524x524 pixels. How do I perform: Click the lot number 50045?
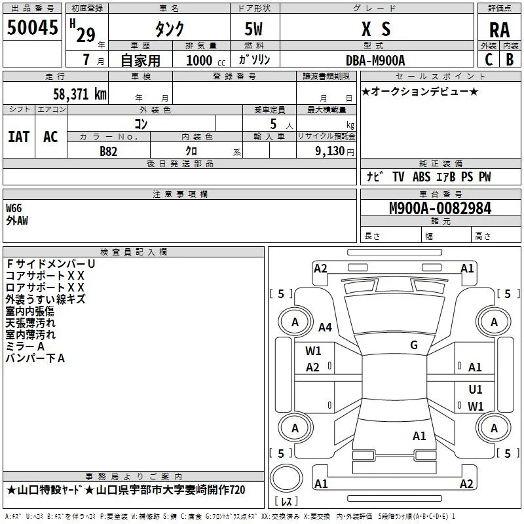tap(32, 28)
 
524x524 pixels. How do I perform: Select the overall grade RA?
tap(499, 30)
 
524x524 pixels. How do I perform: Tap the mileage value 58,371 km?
tap(80, 94)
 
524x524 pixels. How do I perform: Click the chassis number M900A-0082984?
tap(440, 208)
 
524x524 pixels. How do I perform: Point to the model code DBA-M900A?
tap(375, 60)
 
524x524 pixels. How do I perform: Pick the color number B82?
tap(109, 151)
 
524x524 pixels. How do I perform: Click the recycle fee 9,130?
tap(330, 151)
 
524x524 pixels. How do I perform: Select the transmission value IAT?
tap(19, 137)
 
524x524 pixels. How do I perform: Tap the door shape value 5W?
tap(253, 29)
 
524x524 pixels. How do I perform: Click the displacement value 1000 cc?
tap(206, 60)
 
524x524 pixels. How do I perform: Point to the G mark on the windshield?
tap(414, 345)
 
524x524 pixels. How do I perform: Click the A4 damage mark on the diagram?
tap(325, 327)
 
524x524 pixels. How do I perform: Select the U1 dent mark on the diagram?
tap(476, 389)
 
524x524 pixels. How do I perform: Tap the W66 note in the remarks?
tap(14, 208)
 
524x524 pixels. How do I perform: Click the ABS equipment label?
tap(421, 177)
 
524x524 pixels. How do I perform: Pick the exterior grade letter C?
tap(489, 60)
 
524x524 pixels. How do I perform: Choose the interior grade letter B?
tap(510, 60)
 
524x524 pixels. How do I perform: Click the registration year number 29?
tap(86, 35)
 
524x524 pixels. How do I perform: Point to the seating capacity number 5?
tap(273, 124)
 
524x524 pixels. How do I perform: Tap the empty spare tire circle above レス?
tap(286, 477)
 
